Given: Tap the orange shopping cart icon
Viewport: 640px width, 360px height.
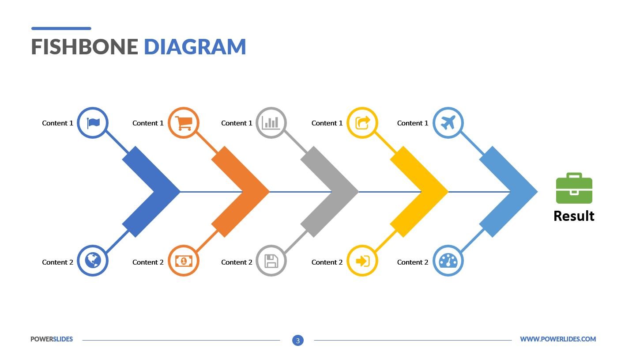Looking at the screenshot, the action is pos(184,123).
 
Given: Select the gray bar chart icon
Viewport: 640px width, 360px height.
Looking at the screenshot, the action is pos(271,123).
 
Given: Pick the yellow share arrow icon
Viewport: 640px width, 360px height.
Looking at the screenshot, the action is pos(362,123).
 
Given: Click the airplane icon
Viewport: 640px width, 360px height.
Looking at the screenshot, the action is pos(448,123).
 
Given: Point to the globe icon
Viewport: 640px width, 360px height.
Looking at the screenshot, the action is pos(93,261).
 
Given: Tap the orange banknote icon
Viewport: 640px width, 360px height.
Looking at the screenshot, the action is pos(184,261).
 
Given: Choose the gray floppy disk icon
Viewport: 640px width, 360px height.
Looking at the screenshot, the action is pos(271,261).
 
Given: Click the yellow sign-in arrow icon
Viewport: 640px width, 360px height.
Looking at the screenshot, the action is pos(362,261).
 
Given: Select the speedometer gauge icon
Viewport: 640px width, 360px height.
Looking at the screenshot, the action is pos(448,261).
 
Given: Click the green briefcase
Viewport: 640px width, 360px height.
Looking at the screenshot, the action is pos(574,188).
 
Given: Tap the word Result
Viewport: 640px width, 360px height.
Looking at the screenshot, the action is pos(574,216).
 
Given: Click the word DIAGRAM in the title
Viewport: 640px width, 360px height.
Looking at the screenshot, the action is pos(195,47).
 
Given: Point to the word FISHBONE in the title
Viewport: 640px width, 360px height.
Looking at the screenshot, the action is pos(85,47).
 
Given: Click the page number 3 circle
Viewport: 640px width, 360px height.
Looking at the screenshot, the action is pos(298,340).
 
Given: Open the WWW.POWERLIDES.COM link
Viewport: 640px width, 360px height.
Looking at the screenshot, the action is pos(558,339).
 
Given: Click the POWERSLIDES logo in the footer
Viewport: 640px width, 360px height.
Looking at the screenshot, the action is pos(52,339).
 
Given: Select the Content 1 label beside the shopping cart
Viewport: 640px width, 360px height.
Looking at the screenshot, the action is pos(148,123).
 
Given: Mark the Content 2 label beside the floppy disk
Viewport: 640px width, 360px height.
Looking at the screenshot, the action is pos(237,262).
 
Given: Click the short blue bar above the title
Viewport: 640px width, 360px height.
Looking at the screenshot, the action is pos(61,28).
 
